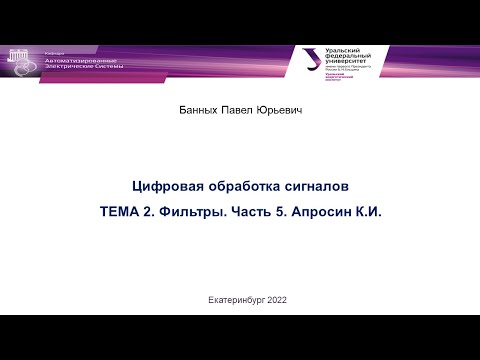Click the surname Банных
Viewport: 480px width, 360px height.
[197, 111]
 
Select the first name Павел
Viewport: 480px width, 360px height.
[240, 111]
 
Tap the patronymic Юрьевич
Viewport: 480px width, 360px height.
[281, 111]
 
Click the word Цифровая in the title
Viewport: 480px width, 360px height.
[166, 186]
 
